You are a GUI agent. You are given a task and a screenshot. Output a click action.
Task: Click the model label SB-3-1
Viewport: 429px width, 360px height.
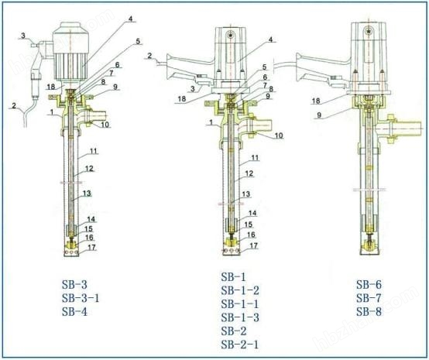click(x=81, y=298)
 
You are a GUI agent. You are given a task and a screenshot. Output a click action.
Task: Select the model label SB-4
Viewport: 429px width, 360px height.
click(x=74, y=311)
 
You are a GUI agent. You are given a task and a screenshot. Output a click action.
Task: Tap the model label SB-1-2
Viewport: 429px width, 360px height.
click(x=240, y=290)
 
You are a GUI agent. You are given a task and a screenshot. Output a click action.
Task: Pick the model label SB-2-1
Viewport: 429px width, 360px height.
click(x=240, y=345)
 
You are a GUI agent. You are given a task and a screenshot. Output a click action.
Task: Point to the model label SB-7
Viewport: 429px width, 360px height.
click(x=369, y=298)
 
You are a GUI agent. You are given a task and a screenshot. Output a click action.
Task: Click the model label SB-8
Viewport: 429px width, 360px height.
click(x=369, y=311)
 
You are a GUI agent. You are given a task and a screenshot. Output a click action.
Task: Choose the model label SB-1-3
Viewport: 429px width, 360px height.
click(x=240, y=317)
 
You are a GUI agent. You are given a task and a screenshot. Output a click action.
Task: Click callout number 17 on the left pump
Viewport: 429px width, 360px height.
click(x=91, y=247)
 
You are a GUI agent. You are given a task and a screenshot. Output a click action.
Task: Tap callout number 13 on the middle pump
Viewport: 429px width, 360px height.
click(x=246, y=194)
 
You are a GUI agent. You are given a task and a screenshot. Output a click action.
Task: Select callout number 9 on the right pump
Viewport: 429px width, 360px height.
click(x=319, y=115)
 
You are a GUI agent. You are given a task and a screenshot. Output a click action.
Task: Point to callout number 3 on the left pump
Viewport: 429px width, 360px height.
click(x=23, y=36)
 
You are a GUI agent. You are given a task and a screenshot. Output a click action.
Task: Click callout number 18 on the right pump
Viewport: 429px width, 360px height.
click(x=316, y=101)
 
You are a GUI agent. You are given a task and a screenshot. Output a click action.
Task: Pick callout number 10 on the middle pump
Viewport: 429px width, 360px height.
click(x=278, y=135)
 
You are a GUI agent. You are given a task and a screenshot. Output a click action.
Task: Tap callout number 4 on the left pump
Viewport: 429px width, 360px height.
click(x=131, y=19)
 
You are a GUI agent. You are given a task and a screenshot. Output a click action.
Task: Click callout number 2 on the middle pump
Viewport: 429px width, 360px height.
click(x=149, y=56)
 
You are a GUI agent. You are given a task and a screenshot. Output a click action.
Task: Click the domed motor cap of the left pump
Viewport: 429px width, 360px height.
click(x=71, y=27)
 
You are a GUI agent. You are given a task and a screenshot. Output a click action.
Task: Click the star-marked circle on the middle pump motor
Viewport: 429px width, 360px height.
click(x=232, y=35)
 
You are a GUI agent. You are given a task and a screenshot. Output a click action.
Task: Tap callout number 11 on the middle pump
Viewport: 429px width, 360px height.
click(x=255, y=158)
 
